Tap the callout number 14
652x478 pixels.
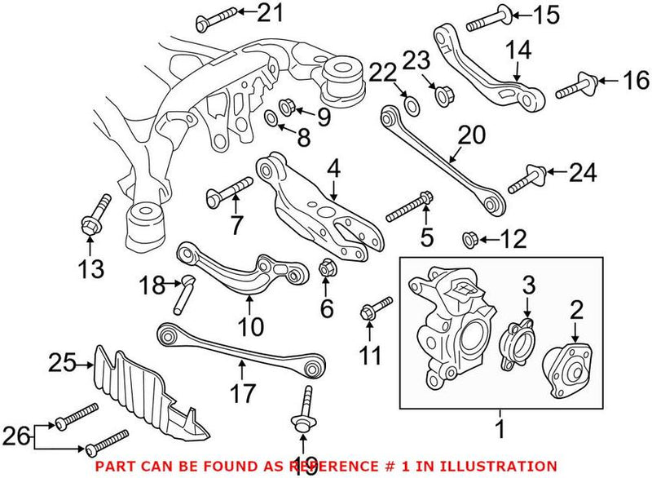click(517, 50)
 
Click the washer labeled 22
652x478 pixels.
click(412, 105)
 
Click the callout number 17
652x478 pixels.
click(241, 393)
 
